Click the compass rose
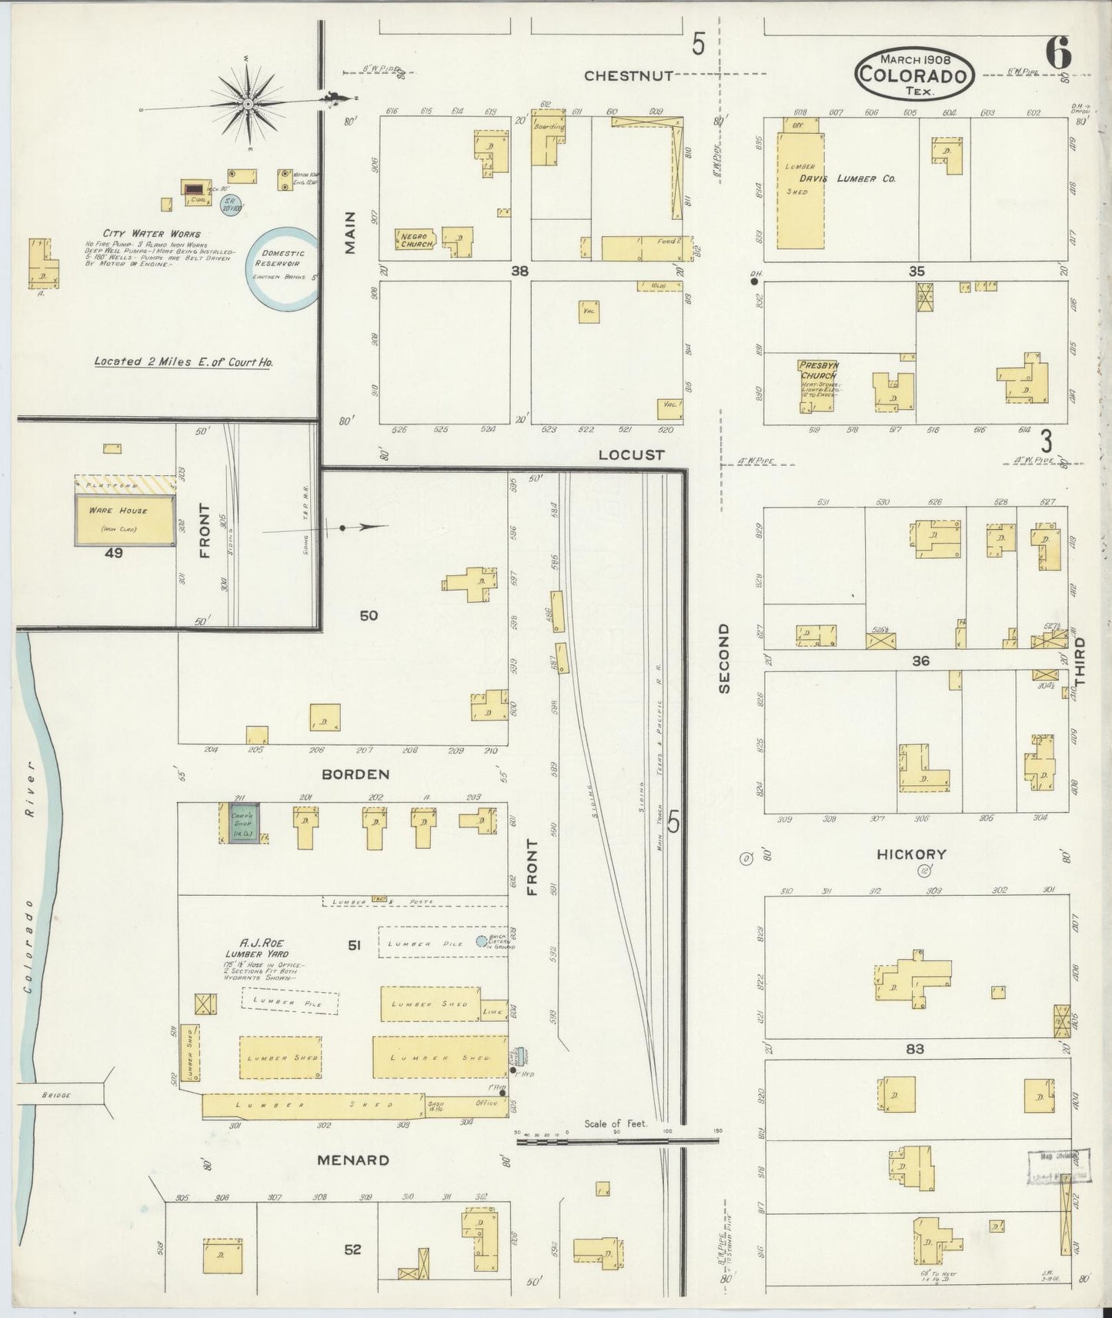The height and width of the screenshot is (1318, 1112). pos(249,103)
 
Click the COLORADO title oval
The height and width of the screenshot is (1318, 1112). pos(915,74)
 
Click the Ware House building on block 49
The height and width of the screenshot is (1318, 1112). pos(125,520)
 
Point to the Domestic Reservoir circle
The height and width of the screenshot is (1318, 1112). pos(283,268)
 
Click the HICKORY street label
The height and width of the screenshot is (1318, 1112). pos(911,854)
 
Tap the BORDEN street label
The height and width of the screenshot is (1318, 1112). pos(356,774)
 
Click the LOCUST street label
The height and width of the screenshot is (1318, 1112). pos(631,455)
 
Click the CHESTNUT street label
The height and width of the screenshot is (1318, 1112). pos(629,75)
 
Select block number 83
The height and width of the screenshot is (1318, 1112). pos(915,1048)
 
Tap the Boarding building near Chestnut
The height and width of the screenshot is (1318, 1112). pos(548,141)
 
